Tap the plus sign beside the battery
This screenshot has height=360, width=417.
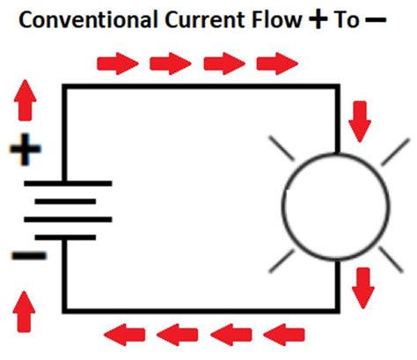point(25,151)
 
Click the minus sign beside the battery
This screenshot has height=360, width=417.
point(24,256)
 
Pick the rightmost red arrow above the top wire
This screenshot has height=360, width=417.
point(277,63)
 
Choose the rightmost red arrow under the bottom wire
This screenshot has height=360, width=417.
point(284,334)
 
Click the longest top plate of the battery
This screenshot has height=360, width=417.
point(68,184)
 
